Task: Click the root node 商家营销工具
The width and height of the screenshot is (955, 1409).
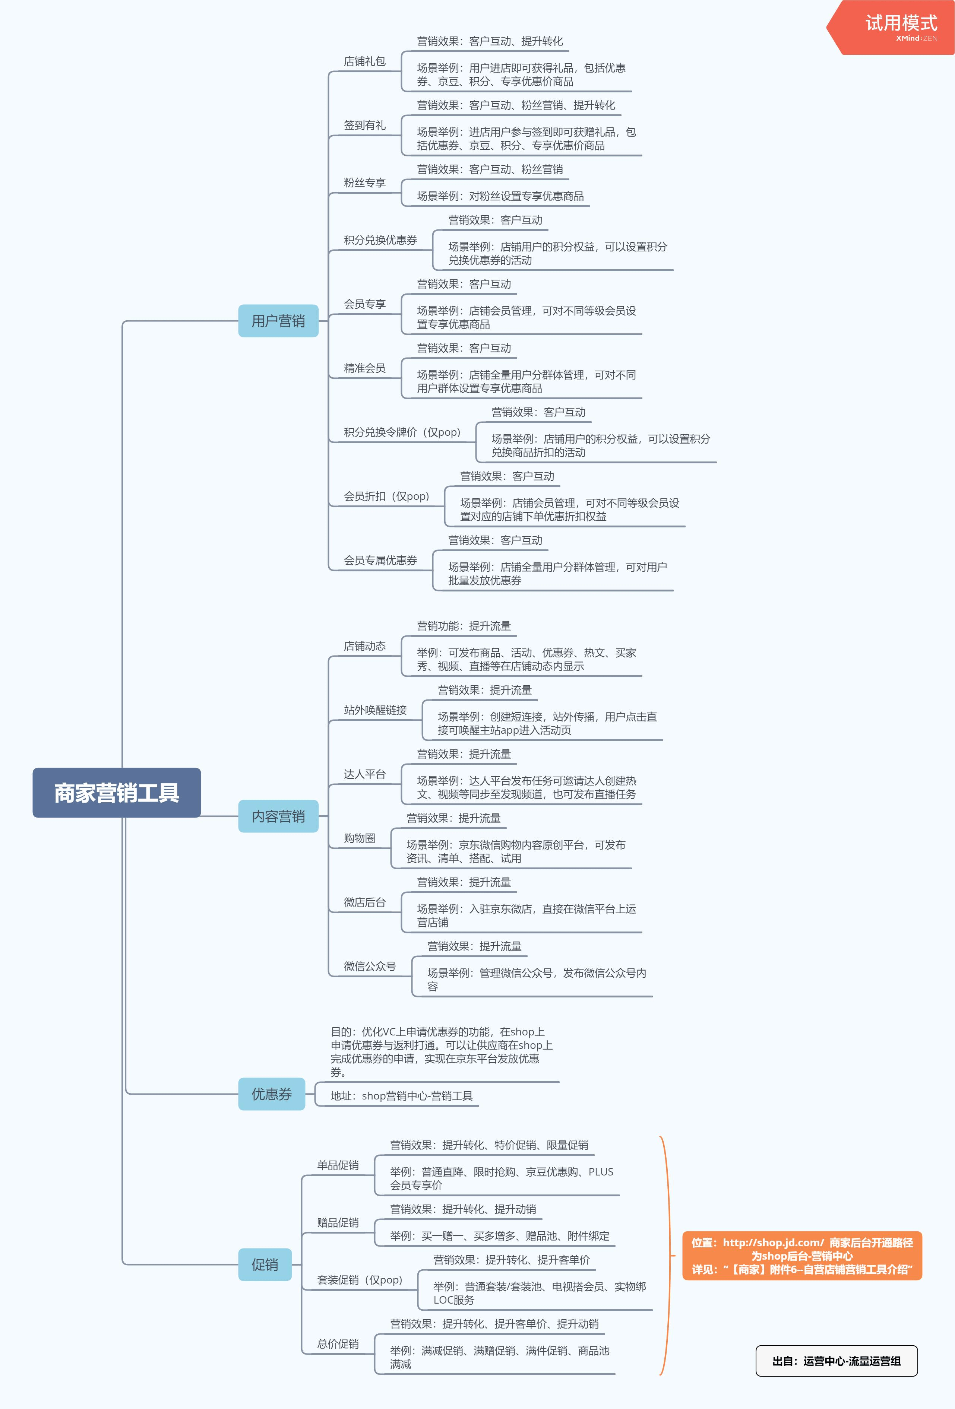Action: pos(116,793)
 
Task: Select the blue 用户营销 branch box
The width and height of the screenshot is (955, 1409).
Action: pos(278,321)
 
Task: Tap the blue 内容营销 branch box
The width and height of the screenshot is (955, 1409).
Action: pos(278,816)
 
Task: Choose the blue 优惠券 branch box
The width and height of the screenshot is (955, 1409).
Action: pos(272,1094)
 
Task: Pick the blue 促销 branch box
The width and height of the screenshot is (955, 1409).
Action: pos(265,1264)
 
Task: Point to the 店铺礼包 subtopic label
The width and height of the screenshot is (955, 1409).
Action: pos(364,61)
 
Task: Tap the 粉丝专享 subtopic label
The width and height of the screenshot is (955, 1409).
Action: pos(364,183)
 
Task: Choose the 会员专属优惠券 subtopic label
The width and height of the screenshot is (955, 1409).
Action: pos(380,560)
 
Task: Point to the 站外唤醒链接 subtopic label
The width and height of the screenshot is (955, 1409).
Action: pos(375,710)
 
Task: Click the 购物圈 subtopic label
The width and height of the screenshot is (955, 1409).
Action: pos(360,838)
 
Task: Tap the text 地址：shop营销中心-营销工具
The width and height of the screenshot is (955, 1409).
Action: pos(401,1095)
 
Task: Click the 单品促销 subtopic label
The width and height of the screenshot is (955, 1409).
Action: pos(338,1165)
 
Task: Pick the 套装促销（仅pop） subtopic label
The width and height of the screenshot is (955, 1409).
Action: pos(360,1280)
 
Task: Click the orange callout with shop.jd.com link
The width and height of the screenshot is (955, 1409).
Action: pos(801,1256)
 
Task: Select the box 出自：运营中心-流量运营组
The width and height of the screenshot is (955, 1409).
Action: pos(836,1361)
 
